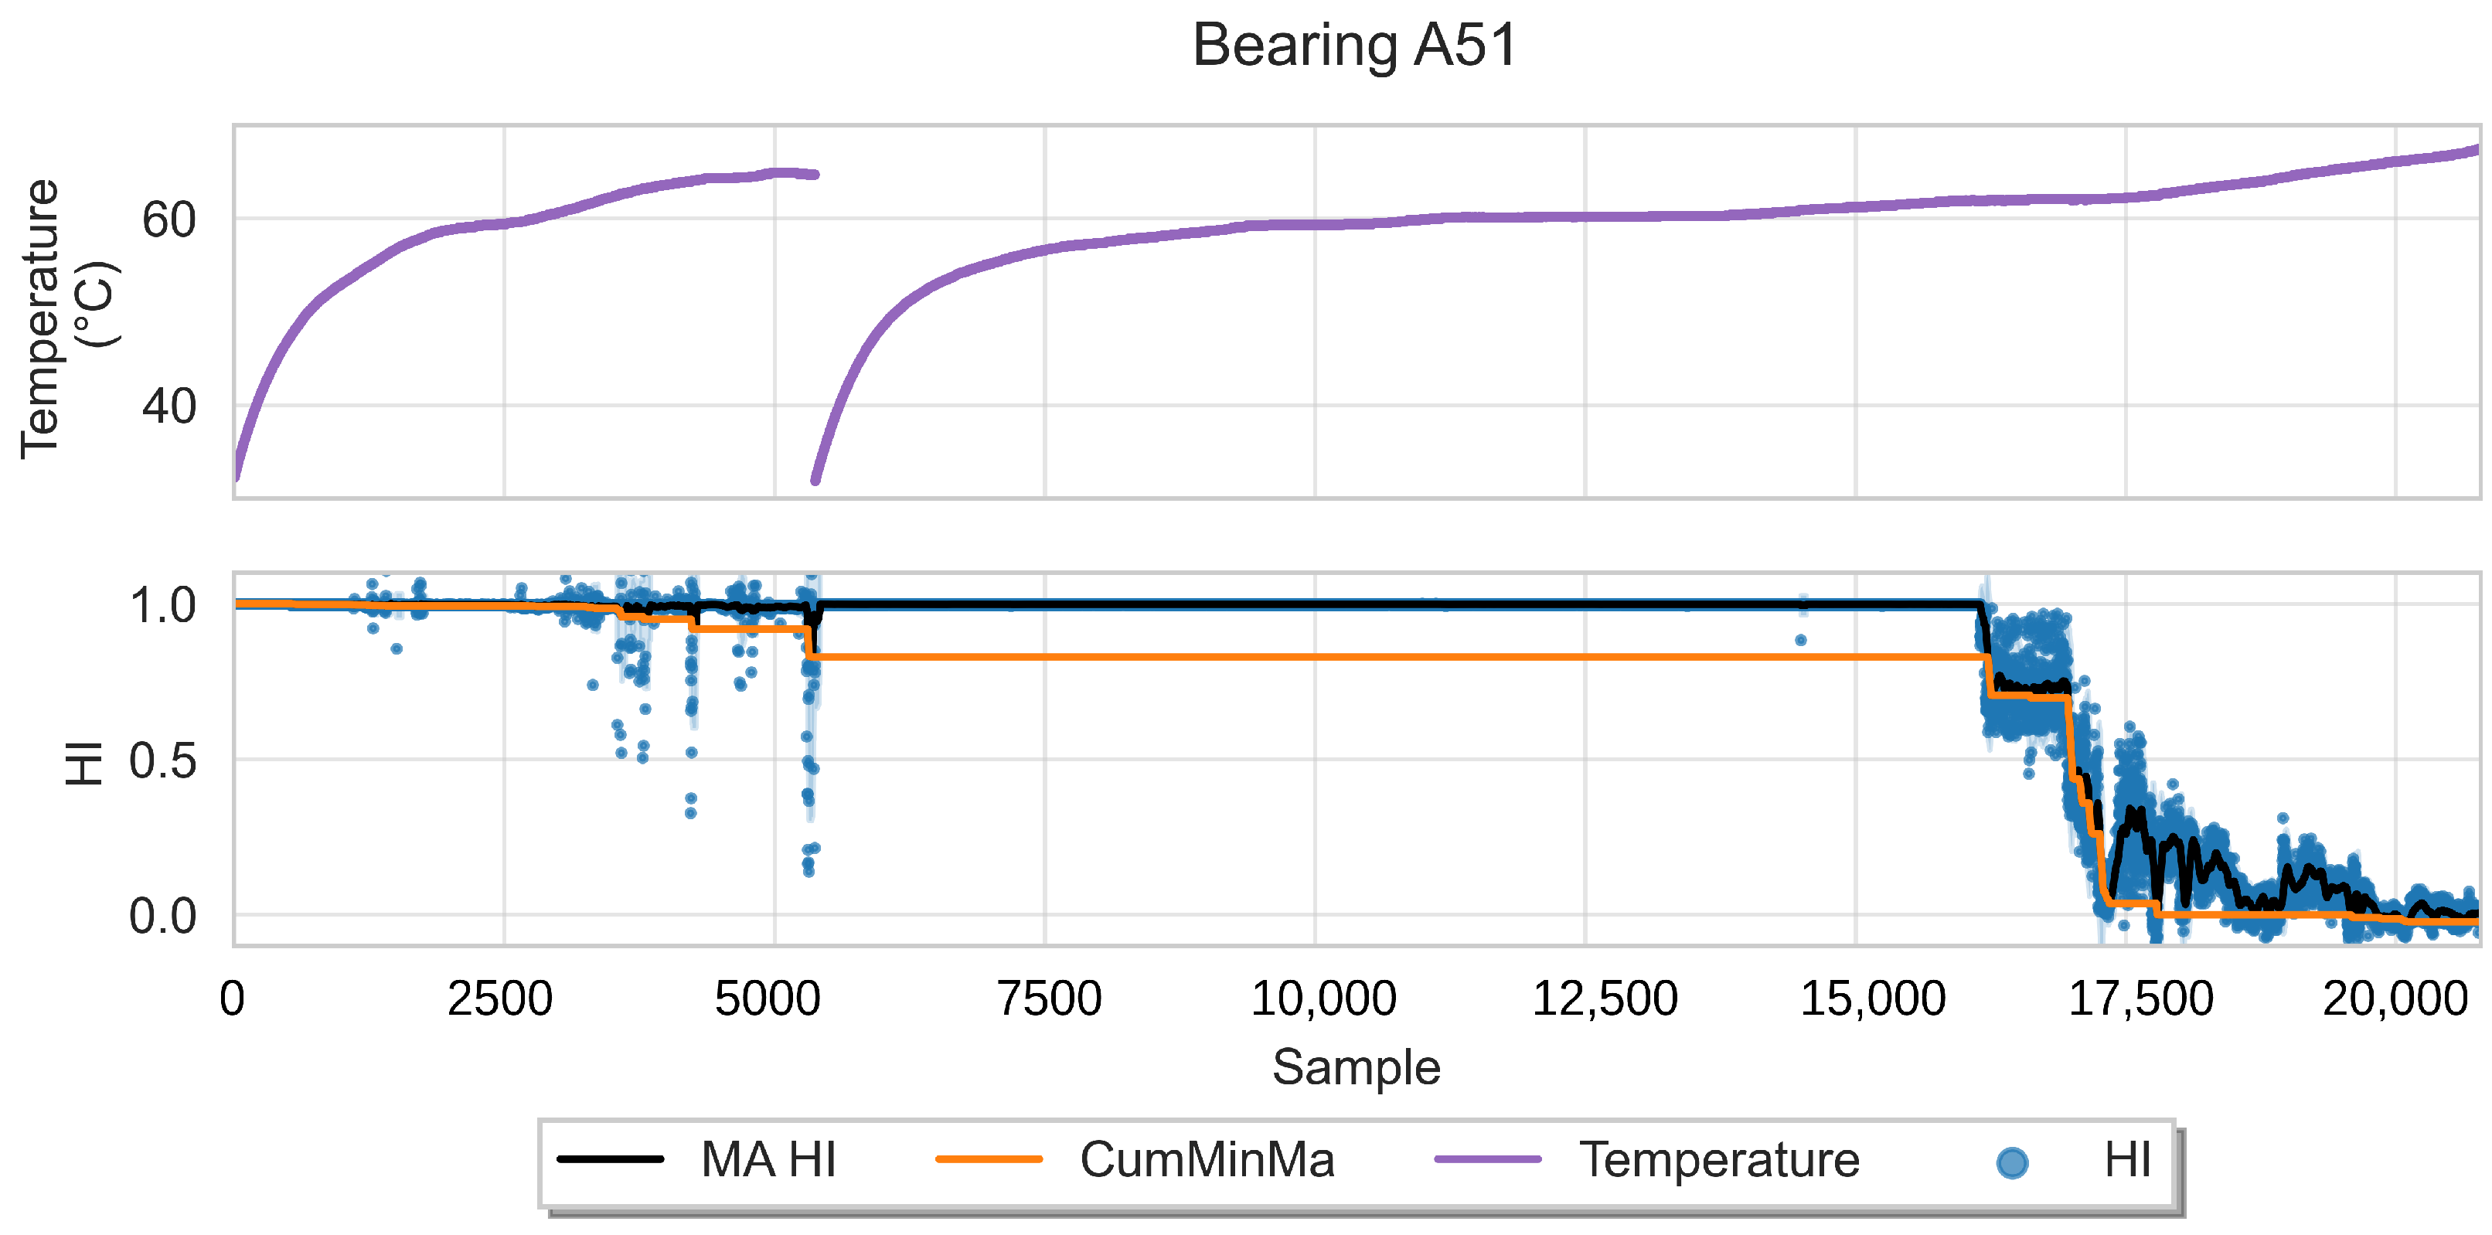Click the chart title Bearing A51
click(x=1354, y=46)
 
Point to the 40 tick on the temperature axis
click(x=169, y=407)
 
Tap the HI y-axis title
click(x=84, y=763)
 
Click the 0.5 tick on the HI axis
click(x=162, y=762)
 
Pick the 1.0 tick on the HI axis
click(x=162, y=607)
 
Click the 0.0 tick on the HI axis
click(x=162, y=917)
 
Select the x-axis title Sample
click(x=1355, y=1068)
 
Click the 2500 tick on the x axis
click(x=500, y=999)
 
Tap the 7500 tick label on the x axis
click(x=1050, y=999)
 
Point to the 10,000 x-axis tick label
click(x=1323, y=999)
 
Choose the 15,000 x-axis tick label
click(x=1872, y=999)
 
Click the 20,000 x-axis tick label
click(x=2395, y=999)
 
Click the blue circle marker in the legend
click(x=2012, y=1162)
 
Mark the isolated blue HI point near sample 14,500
click(x=1800, y=640)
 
